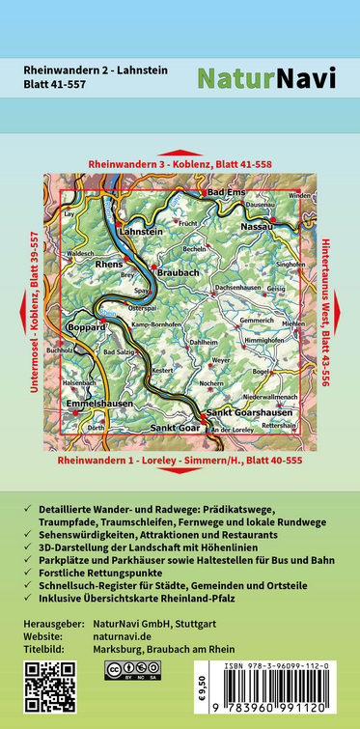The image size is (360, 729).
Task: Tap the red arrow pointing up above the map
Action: click(180, 152)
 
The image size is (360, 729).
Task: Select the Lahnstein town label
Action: click(141, 231)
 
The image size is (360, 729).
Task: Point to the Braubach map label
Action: click(178, 273)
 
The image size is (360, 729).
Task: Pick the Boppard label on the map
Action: click(89, 327)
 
